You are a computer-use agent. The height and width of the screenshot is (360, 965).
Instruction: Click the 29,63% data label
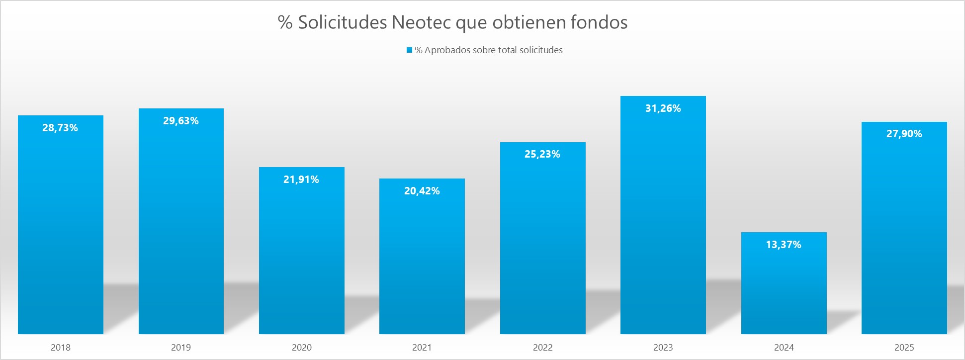coord(181,121)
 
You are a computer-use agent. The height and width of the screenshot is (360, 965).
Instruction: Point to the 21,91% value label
coord(301,180)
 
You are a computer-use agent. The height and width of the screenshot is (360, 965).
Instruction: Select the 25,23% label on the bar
coord(542,154)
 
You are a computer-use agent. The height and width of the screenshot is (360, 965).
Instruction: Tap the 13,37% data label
coord(784,245)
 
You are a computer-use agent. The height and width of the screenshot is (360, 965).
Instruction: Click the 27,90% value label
coord(904,134)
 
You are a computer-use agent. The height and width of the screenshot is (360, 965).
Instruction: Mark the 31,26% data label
coord(663,108)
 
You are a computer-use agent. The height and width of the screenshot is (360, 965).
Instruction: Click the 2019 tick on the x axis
coord(181,348)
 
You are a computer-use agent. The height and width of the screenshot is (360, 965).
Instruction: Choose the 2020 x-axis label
coord(301,348)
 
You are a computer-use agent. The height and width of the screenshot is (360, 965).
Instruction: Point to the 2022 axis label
coord(542,348)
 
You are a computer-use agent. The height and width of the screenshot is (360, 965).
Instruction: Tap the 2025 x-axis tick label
coord(904,348)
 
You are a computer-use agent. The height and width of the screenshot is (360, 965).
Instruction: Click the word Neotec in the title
coord(422,22)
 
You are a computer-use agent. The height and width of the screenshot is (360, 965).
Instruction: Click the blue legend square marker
coord(409,50)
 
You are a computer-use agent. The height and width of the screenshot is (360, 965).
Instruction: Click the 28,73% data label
coord(60,128)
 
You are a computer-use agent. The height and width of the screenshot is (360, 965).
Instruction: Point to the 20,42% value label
coord(422,191)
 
